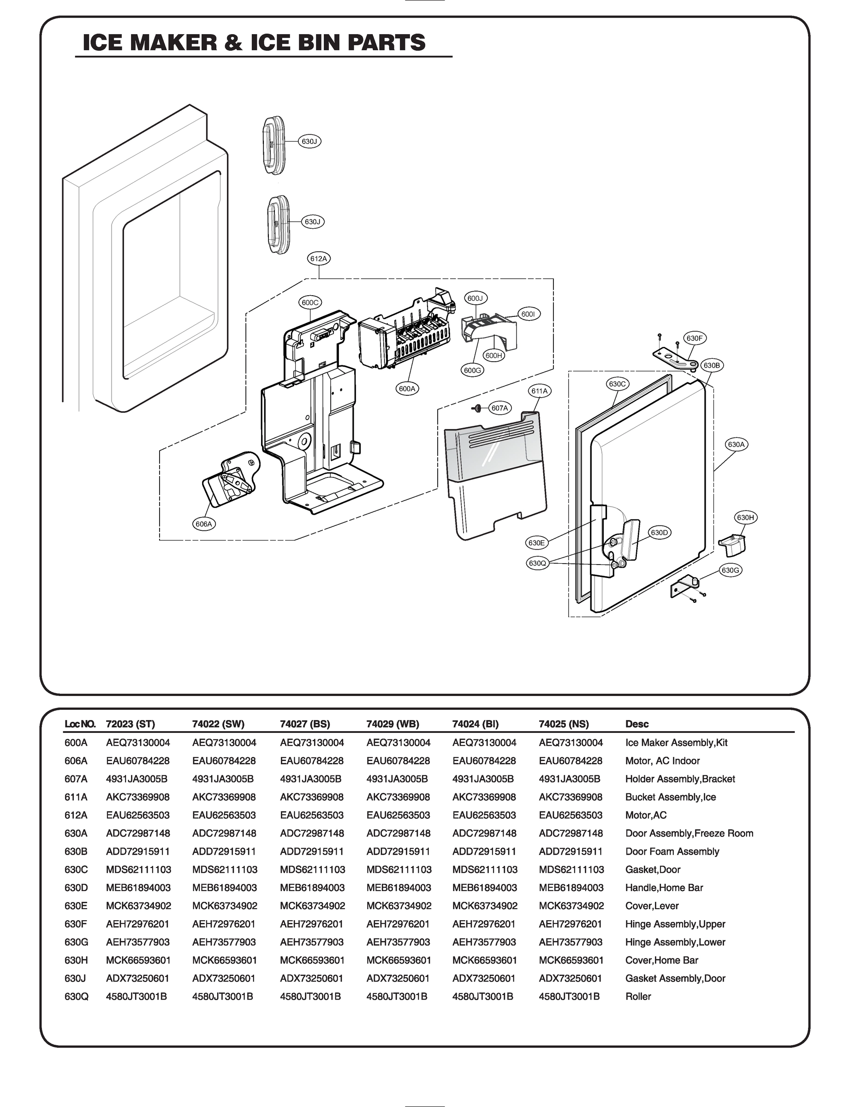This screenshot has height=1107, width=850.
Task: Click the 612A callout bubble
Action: pos(319,259)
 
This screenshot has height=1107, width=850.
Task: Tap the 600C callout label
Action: pos(309,303)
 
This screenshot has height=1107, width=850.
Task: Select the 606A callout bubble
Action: pos(204,524)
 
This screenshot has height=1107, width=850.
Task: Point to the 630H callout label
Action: pos(745,518)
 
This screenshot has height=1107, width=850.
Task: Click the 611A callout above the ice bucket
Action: pos(539,391)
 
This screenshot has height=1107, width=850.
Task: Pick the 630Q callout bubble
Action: pos(537,563)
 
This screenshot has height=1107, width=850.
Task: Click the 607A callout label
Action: pos(500,408)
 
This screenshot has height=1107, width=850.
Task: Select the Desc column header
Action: pos(636,724)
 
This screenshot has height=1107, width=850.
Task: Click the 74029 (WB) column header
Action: pos(392,724)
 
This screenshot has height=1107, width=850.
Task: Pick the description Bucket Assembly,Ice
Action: pos(671,798)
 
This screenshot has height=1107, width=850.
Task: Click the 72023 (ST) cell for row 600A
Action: pos(137,743)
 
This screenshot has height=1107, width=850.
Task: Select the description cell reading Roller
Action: pos(638,997)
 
